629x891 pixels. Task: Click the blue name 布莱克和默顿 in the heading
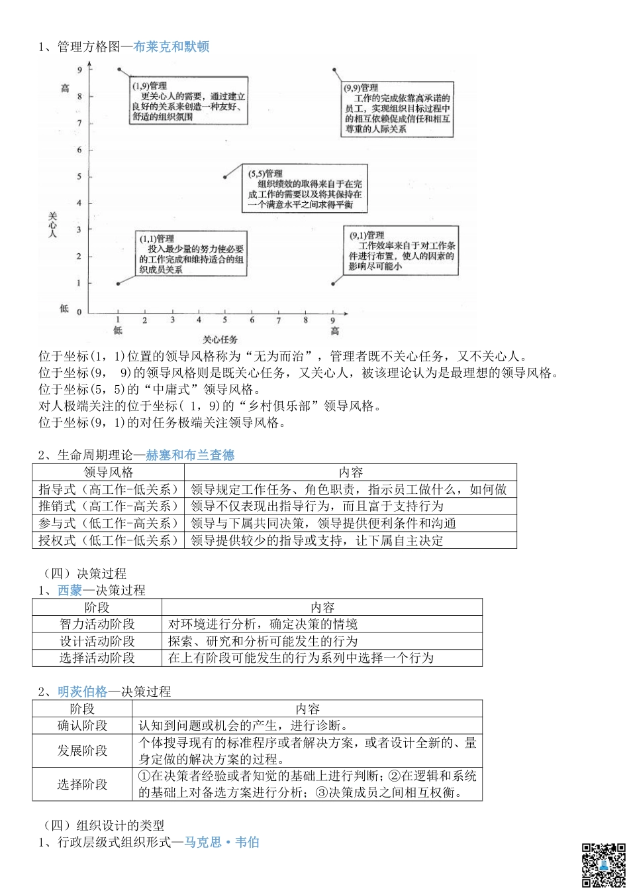[171, 47]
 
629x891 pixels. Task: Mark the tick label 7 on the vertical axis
[80, 123]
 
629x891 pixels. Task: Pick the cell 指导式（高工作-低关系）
[109, 490]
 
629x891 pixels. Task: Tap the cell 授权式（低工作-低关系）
[109, 540]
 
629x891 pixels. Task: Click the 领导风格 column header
[109, 473]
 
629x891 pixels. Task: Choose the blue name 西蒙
[70, 590]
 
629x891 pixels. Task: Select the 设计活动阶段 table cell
[97, 641]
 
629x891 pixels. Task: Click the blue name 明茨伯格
[83, 691]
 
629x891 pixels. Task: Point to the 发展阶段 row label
[82, 751]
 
